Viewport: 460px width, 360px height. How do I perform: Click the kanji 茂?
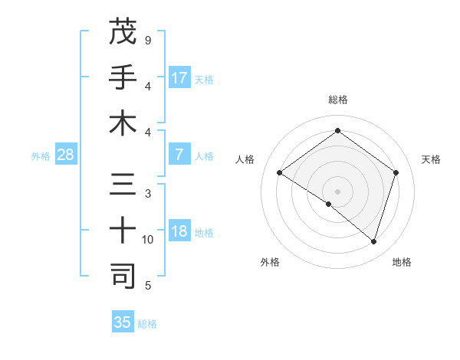(123, 32)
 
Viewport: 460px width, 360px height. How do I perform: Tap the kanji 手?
(123, 77)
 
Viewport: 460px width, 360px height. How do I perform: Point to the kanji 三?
(123, 185)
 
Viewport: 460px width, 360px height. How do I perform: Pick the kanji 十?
(123, 230)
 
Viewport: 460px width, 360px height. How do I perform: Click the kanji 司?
(123, 276)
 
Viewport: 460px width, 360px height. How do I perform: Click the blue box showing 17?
(179, 78)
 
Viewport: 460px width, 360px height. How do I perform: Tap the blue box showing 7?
(179, 155)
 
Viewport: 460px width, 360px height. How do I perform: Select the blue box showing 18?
(179, 231)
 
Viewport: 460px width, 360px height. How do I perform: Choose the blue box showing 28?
(65, 155)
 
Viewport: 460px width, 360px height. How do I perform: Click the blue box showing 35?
(123, 322)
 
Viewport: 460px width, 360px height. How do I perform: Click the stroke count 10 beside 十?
(148, 240)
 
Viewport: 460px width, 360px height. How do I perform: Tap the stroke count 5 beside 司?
(148, 286)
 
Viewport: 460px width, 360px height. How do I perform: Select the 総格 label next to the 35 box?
(147, 324)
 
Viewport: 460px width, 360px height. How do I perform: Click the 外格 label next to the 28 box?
(41, 156)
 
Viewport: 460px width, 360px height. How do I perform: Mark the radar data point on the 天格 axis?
(396, 173)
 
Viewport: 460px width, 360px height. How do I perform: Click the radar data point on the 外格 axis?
(329, 204)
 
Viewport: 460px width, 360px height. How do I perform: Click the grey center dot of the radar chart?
(337, 191)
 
